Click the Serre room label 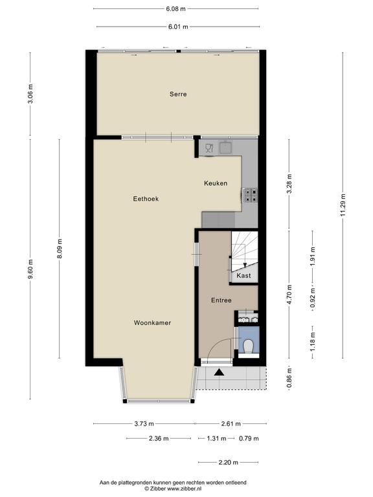pos(178,94)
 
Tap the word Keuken pos(216,183)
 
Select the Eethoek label pos(146,199)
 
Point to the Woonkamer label pos(152,323)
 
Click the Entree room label pos(221,300)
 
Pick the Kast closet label pos(243,276)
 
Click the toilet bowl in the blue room pos(249,346)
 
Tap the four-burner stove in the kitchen pos(250,195)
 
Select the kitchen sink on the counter pos(226,148)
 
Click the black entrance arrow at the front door pos(219,372)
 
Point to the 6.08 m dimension pos(175,9)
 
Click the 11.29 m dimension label pos(343,205)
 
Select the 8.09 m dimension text pos(60,248)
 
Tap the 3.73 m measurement pos(144,423)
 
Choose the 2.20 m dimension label pos(228,463)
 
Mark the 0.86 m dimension pos(289,377)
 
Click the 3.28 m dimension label pos(289,184)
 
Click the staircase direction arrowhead pos(245,265)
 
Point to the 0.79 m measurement pos(249,439)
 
